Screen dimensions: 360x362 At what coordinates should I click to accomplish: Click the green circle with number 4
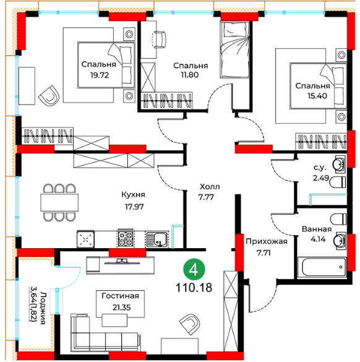pos(194,269)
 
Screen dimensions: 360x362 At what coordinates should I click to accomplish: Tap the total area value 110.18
pos(194,288)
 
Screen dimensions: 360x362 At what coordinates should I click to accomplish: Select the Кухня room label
pos(133,195)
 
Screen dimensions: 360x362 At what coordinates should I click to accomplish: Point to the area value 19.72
pos(100,75)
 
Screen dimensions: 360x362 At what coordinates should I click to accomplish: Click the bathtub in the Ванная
pos(322,267)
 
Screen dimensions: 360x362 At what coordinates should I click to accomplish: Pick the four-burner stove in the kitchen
pos(126,238)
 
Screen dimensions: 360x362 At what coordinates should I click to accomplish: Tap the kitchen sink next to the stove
pos(157,239)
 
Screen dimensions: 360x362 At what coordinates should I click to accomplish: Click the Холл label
pos(210,186)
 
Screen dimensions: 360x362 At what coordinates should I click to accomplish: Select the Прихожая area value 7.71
pos(264,253)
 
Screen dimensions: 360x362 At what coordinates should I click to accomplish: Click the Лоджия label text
pos(43,308)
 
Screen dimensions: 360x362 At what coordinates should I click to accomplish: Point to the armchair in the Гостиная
pos(189,324)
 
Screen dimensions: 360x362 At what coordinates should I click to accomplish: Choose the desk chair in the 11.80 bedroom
pos(160,40)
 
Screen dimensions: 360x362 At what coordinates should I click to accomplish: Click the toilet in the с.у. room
pos(337,183)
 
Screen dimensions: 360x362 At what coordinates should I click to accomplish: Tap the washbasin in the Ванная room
pos(340,241)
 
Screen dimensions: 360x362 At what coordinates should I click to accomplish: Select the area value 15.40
pos(317,95)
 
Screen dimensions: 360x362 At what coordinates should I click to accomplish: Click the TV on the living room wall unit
pos(122,262)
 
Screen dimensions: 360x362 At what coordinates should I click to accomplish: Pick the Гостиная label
pos(120,296)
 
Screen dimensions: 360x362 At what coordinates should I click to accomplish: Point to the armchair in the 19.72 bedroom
pos(49,96)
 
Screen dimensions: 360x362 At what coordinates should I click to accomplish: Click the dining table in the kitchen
pos(59,202)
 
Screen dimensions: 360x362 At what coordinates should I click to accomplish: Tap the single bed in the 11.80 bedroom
pos(235,50)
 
